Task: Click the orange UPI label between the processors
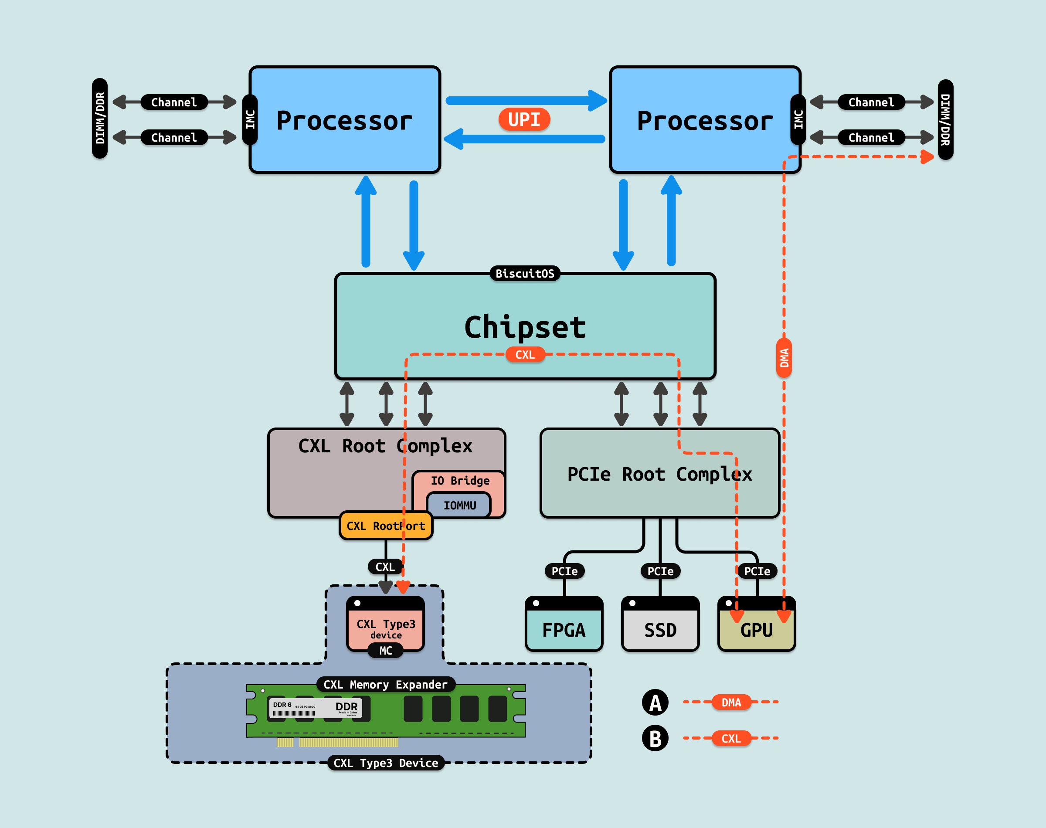524,119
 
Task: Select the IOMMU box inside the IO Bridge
459,506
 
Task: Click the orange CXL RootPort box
385,526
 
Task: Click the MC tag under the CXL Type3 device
386,651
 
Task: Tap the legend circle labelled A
655,702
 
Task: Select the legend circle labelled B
655,738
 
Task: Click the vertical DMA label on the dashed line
784,358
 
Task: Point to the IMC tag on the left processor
250,119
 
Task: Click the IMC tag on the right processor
798,119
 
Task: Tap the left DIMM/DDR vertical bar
100,118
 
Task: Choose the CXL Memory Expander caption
385,685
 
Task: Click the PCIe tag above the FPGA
564,571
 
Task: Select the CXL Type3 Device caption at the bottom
386,763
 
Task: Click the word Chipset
525,327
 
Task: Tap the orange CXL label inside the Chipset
525,355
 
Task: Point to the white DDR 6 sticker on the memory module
315,708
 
